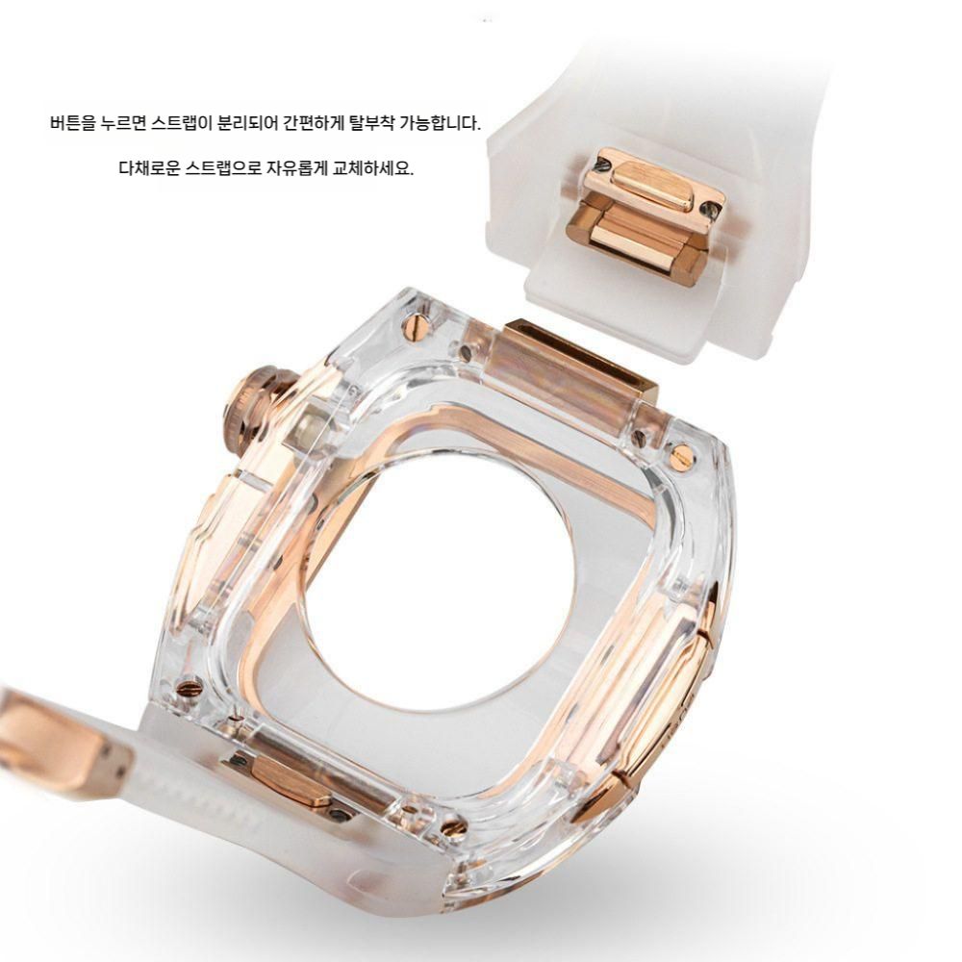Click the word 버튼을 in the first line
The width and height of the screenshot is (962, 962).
click(x=73, y=123)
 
